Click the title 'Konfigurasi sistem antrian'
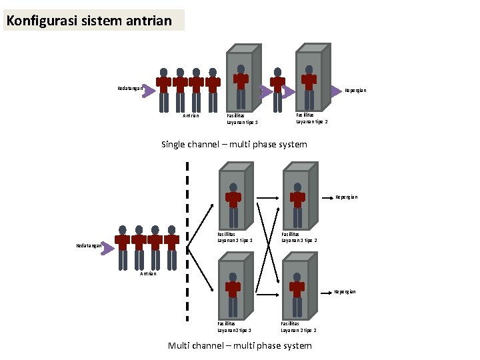point(89,21)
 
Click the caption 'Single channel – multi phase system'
point(234,144)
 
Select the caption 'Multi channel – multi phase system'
point(239,345)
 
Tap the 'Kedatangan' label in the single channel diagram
point(129,89)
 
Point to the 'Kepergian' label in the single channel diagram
point(355,90)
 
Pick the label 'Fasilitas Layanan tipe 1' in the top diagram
point(242,119)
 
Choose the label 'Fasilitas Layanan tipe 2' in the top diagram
point(311,118)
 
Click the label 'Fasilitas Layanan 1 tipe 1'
point(235,237)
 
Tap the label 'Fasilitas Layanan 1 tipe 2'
point(299,237)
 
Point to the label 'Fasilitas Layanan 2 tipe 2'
point(298,327)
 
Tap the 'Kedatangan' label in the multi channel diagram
point(89,245)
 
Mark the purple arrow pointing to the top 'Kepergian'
point(335,90)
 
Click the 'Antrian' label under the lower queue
point(148,274)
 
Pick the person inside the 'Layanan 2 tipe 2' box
point(297,292)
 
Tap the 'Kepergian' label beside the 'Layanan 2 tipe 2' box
point(345,291)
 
